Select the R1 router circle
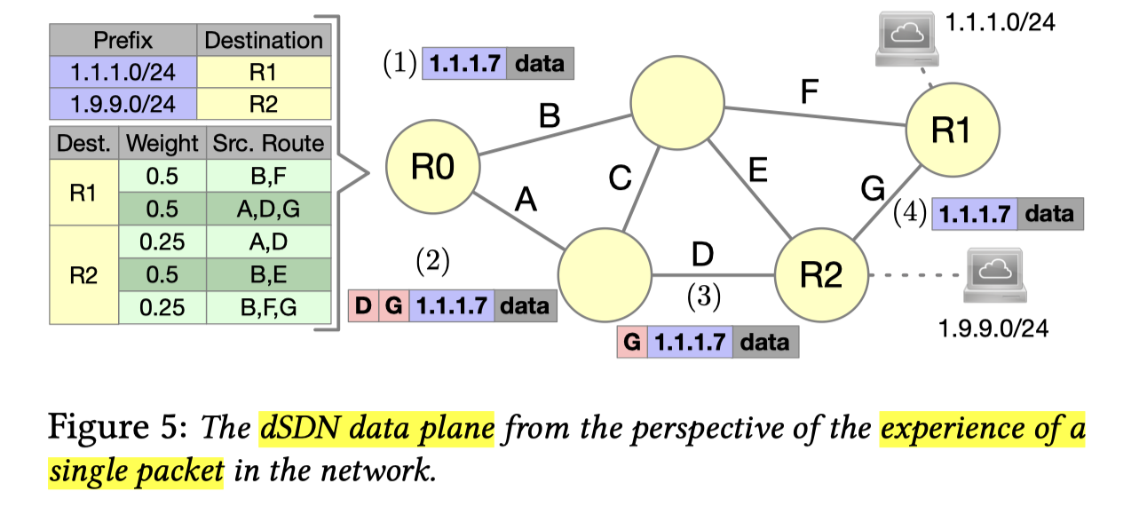[950, 130]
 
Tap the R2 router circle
[820, 276]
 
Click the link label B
[550, 116]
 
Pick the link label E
[756, 170]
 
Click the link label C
[620, 180]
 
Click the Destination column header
[264, 41]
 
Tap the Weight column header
[162, 143]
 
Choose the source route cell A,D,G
[269, 209]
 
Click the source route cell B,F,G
[269, 307]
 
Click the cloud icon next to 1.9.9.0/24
[993, 274]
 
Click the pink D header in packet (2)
[363, 306]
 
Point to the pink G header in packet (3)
[632, 342]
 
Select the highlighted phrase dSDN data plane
[376, 431]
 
